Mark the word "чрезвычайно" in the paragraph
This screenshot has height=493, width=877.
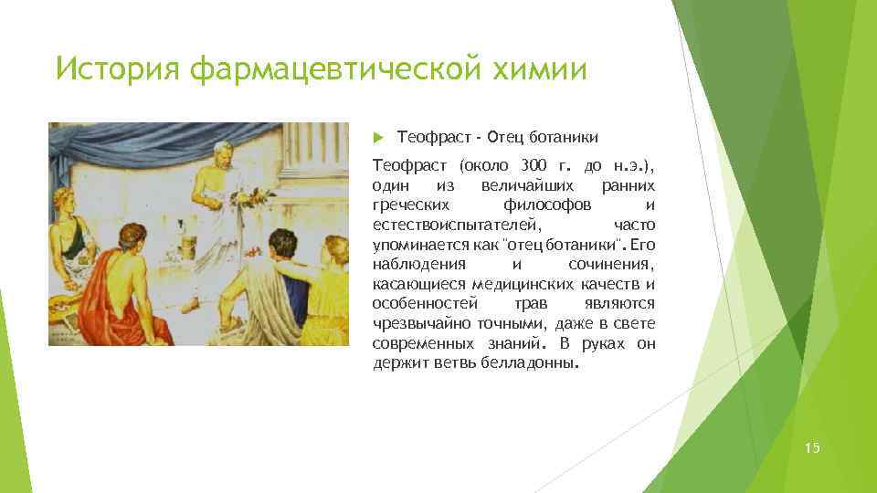[x=415, y=323]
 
